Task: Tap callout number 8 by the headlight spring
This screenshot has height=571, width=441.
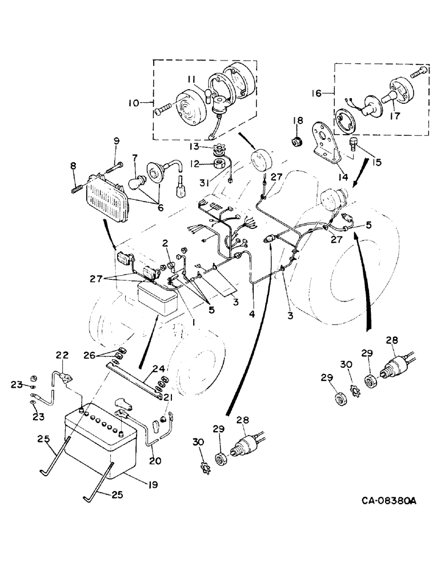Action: tap(73, 167)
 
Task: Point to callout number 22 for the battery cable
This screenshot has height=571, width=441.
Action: tap(62, 355)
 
